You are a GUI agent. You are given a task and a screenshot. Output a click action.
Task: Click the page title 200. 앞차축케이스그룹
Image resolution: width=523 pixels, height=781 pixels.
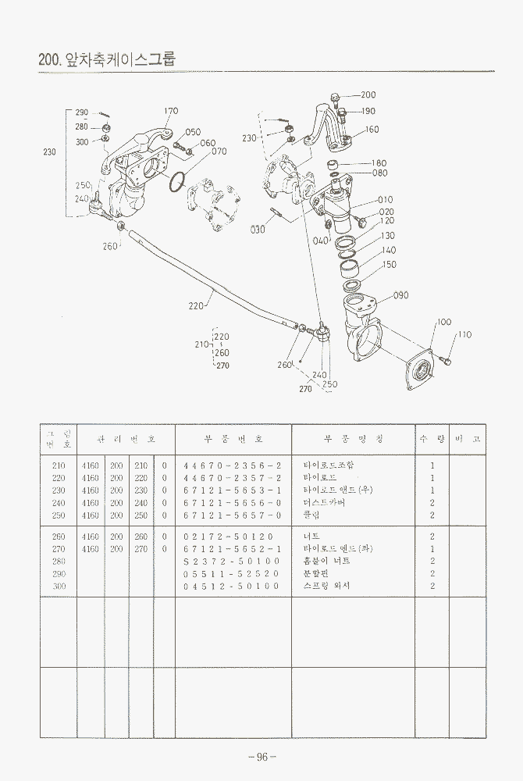(x=108, y=59)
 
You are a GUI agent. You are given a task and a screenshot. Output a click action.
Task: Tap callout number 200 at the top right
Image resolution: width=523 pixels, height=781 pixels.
(x=368, y=95)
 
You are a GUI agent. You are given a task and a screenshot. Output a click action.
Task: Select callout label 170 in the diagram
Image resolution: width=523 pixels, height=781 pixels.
(x=171, y=111)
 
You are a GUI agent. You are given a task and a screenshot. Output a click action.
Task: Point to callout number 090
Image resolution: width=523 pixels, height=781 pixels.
(x=401, y=295)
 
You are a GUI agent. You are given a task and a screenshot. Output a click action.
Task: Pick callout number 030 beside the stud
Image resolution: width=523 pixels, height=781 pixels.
(x=258, y=230)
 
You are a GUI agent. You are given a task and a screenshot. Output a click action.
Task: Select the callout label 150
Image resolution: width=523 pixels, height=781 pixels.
(x=389, y=265)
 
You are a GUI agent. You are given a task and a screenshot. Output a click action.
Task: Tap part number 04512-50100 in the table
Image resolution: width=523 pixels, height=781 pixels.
(x=232, y=586)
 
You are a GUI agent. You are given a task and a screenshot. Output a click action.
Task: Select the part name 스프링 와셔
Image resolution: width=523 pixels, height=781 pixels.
(x=328, y=586)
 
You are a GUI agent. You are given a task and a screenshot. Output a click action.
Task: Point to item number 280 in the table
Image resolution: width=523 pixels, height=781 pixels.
(x=58, y=561)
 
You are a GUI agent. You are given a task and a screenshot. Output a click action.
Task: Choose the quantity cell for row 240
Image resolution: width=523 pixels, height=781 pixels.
(x=432, y=502)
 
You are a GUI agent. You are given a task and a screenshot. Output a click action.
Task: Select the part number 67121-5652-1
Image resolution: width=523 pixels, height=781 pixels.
(x=232, y=548)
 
